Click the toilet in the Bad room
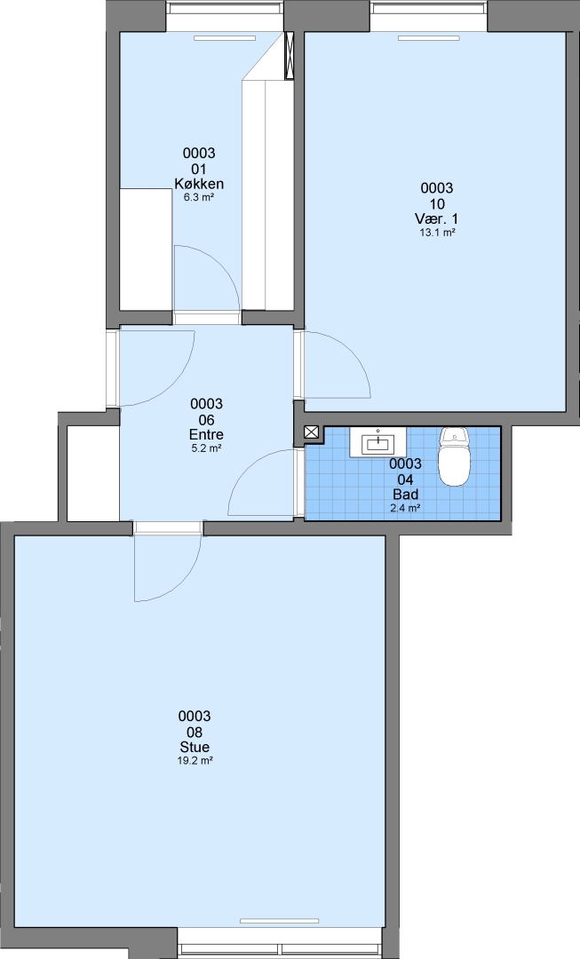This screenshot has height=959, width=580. [454, 456]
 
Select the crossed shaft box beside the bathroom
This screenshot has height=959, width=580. [312, 432]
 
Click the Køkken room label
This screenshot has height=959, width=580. [199, 184]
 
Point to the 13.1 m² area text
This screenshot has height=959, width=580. [437, 233]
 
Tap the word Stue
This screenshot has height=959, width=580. [195, 747]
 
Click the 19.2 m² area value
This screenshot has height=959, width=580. [195, 761]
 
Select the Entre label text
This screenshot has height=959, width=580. [206, 434]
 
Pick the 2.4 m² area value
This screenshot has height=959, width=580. [405, 508]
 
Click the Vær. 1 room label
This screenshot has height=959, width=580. [437, 218]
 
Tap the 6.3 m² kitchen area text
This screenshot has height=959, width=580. [199, 197]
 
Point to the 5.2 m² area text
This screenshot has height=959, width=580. [206, 448]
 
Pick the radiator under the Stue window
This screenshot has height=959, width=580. [280, 921]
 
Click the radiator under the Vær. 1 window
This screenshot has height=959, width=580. [429, 38]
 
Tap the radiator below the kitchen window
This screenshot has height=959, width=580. [225, 38]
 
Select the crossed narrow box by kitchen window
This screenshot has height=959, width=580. [290, 56]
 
